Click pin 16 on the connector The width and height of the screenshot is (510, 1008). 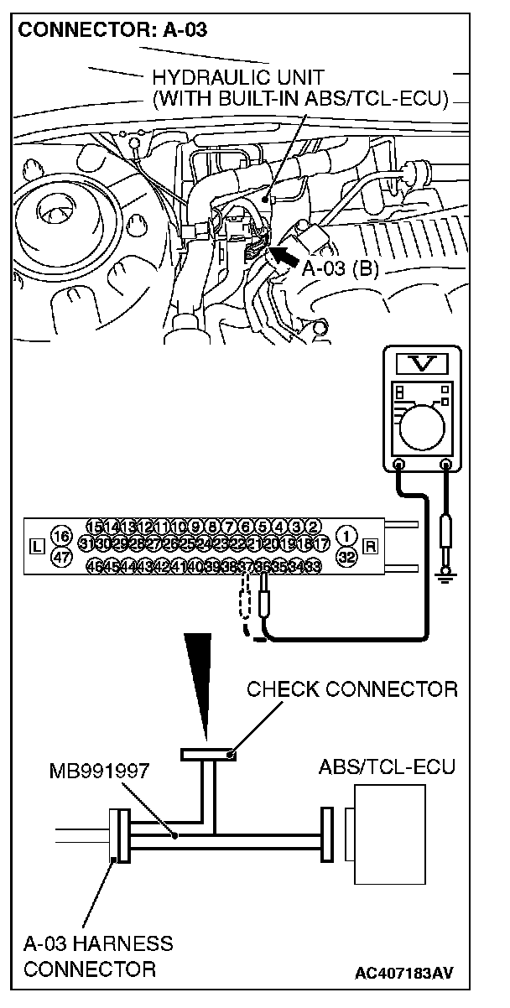(x=60, y=537)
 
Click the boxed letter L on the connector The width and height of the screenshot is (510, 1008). (x=35, y=547)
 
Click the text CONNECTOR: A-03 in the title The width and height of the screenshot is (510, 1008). (x=112, y=31)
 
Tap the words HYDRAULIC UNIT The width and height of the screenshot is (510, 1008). (x=238, y=78)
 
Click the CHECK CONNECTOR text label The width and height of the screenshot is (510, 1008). (x=352, y=689)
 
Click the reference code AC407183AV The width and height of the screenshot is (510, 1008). (x=404, y=973)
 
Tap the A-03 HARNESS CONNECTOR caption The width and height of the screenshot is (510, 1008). (x=97, y=956)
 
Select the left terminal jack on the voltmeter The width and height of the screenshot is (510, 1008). (x=398, y=465)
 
